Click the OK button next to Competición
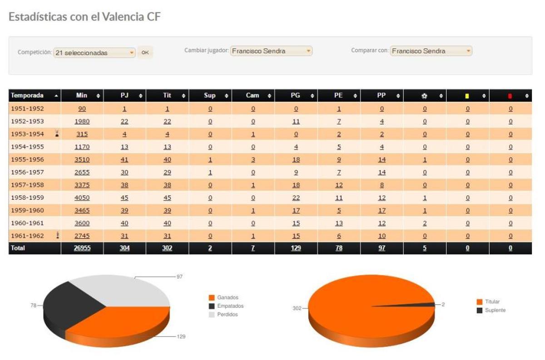[x=145, y=53]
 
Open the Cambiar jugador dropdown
[x=271, y=51]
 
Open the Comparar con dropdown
[x=431, y=51]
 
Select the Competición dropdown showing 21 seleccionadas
[x=94, y=53]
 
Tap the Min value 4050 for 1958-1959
[x=82, y=198]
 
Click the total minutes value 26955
[x=82, y=248]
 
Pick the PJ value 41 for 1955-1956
[x=124, y=160]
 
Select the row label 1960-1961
[x=27, y=223]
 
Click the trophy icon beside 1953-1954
[x=57, y=134]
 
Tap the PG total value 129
[x=296, y=248]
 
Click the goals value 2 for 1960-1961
[x=425, y=223]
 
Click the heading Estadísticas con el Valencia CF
[x=84, y=17]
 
